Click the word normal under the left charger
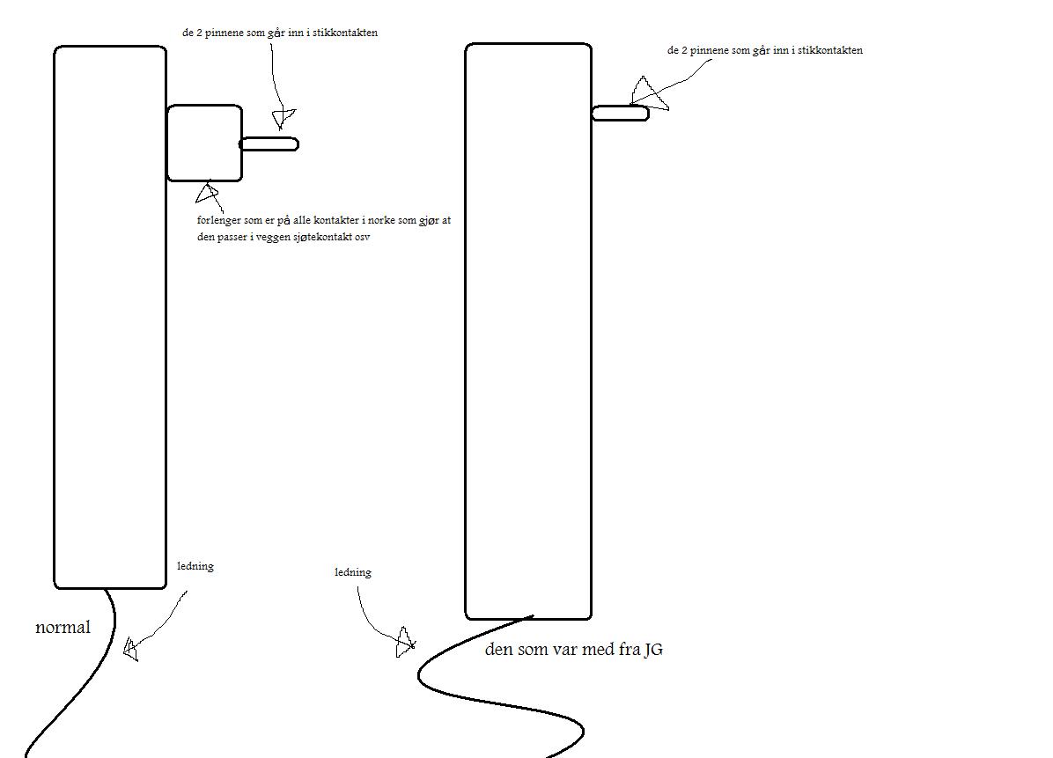(63, 628)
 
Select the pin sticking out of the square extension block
(269, 144)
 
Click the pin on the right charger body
(621, 113)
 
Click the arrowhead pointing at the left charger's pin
(283, 117)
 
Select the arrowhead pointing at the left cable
(130, 649)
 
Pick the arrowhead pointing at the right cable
(405, 643)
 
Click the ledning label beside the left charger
(195, 566)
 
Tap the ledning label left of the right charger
(352, 572)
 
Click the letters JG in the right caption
(653, 649)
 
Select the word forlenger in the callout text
(219, 220)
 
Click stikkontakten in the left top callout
(345, 33)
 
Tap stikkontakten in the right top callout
(830, 49)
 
